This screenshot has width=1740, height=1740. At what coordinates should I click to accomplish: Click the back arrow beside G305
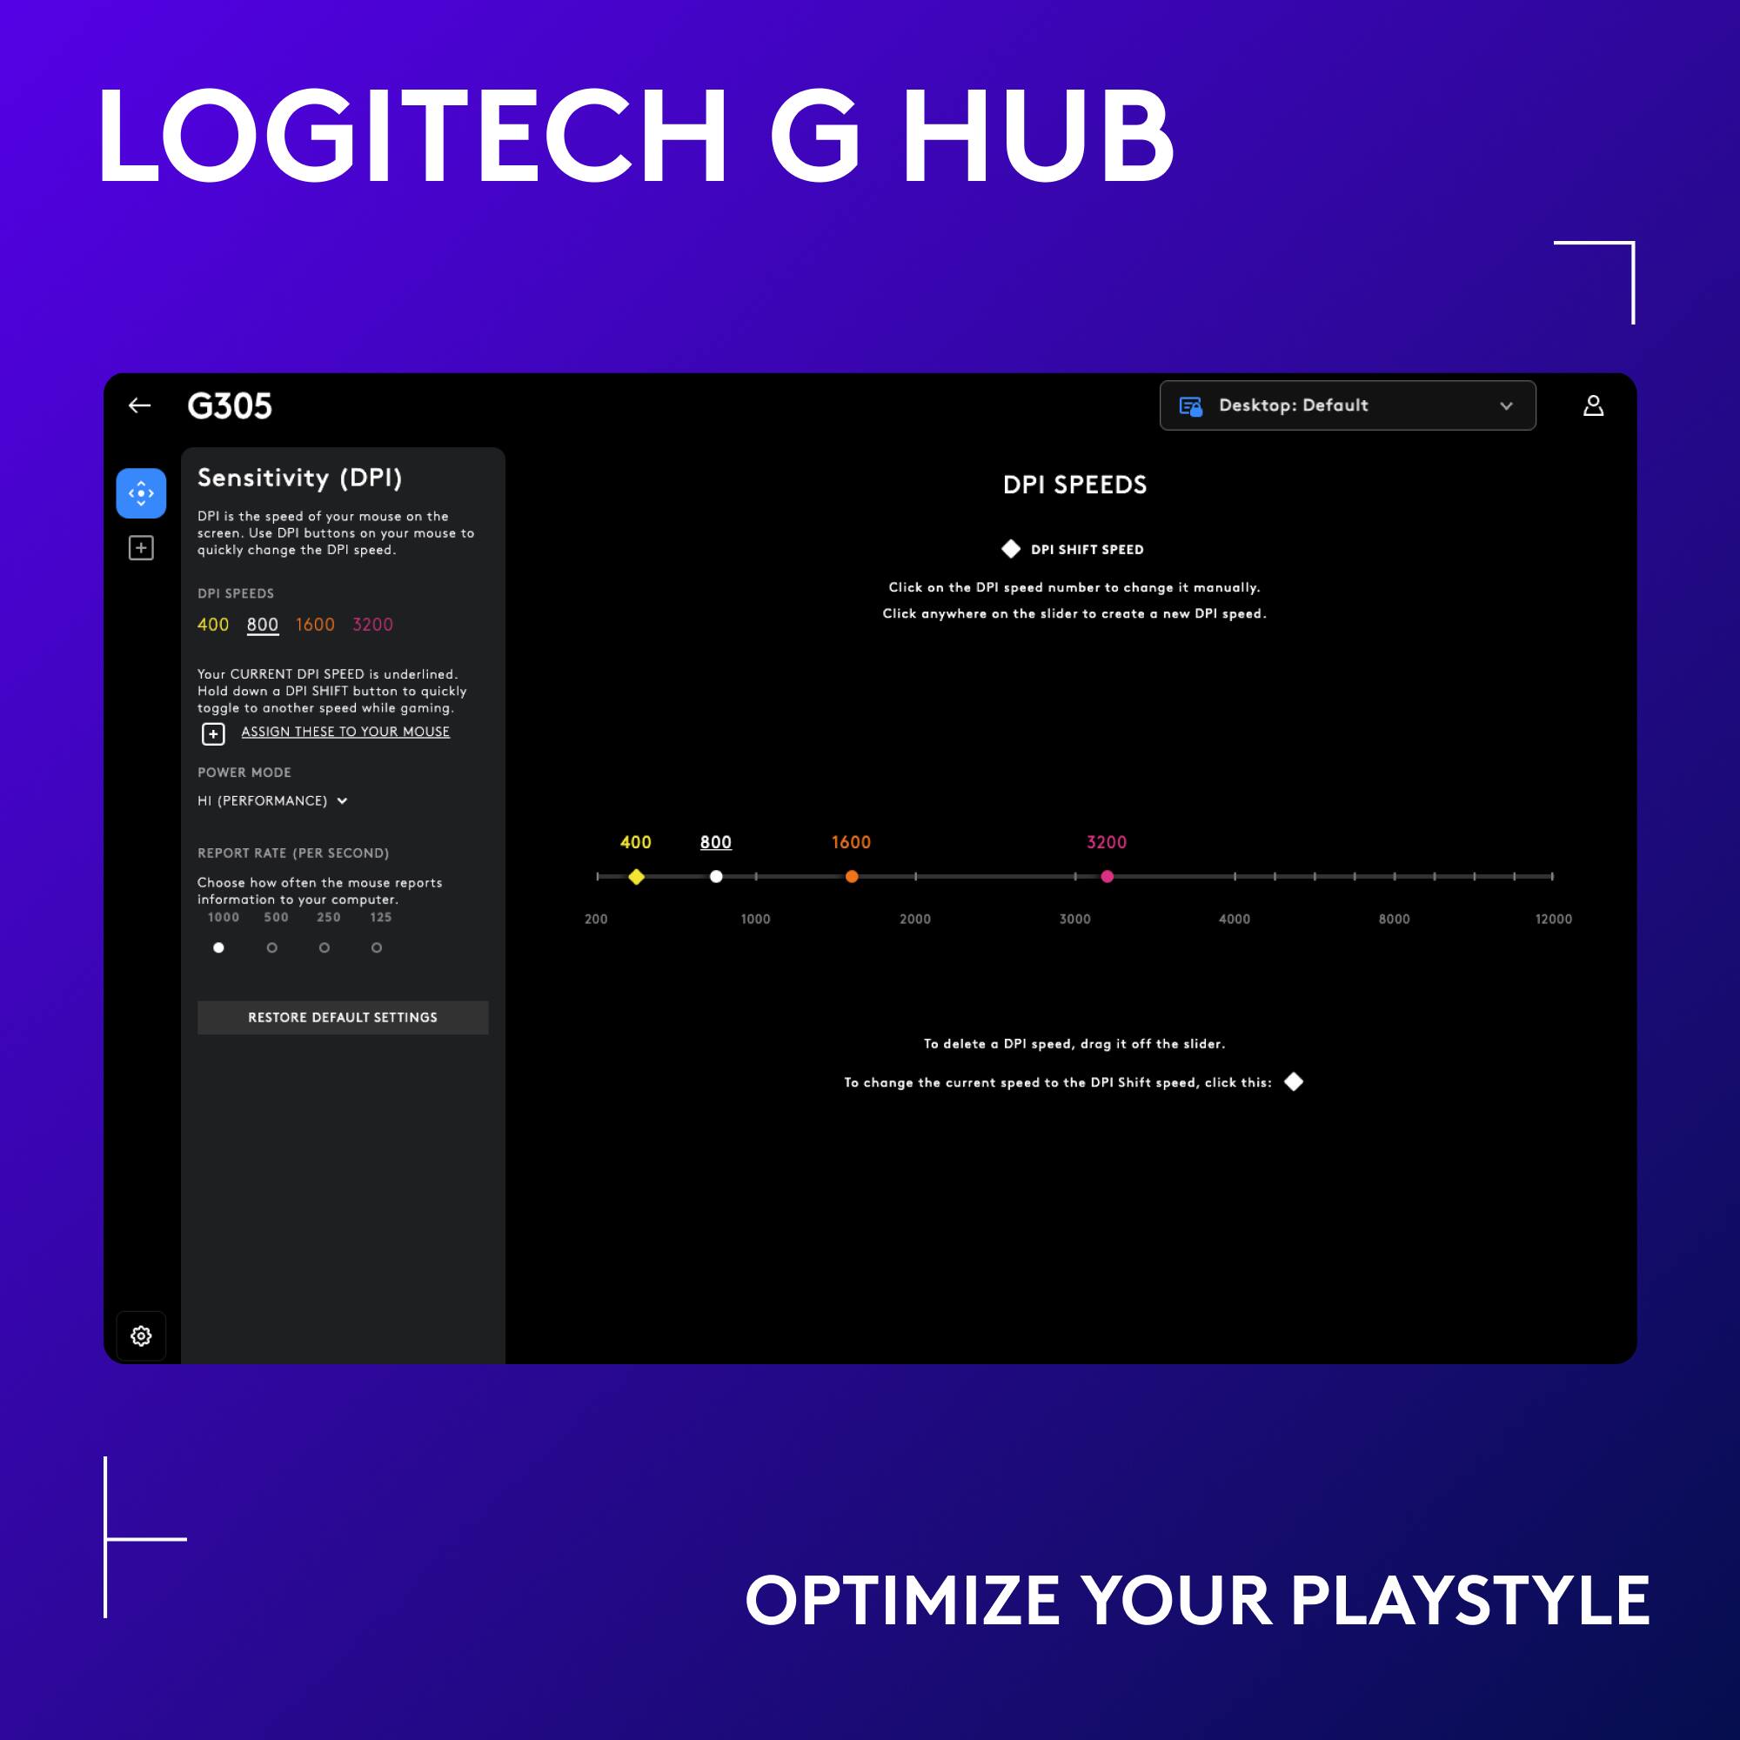(139, 405)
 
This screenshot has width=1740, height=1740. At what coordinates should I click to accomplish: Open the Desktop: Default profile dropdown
(1348, 405)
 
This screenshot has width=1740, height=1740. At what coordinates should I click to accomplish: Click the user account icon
(1593, 405)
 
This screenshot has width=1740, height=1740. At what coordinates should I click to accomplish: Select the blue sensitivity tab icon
(142, 493)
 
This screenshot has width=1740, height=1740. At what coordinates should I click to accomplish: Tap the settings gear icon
(142, 1335)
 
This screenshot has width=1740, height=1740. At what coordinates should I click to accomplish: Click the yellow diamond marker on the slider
(637, 876)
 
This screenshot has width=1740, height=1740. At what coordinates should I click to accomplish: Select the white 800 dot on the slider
(716, 876)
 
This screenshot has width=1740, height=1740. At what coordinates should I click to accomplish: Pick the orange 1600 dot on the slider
(852, 876)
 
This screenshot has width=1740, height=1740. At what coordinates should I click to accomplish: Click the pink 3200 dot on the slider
(1107, 876)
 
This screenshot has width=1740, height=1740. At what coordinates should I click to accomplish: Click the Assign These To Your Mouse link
(345, 733)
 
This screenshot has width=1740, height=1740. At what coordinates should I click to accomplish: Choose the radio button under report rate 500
(272, 947)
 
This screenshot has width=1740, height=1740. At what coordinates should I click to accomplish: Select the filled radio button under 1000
(219, 947)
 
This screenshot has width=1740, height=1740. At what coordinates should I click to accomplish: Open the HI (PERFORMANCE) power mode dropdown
(272, 800)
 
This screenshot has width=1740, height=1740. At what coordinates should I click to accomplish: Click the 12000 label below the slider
(1553, 919)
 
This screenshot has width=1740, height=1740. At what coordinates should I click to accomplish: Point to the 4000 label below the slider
(1234, 919)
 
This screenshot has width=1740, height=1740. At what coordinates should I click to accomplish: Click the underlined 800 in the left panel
(262, 625)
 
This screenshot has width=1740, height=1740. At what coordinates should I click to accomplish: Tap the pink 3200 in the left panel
(373, 625)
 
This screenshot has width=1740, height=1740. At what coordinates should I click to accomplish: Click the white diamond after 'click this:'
(1294, 1081)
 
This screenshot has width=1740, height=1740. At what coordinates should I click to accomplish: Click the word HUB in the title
(1038, 135)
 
